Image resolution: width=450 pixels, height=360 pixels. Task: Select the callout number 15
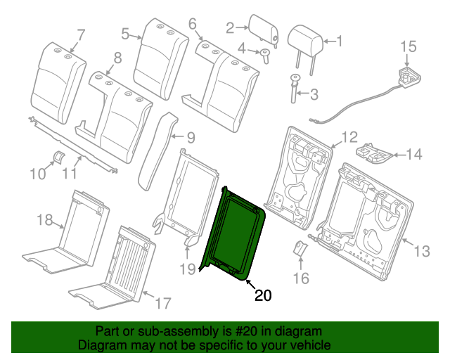[x=409, y=47]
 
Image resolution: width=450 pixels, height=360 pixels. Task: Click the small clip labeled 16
[x=299, y=249]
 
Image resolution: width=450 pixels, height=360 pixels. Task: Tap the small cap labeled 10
[x=59, y=155]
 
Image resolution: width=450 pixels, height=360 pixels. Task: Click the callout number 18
[x=44, y=220]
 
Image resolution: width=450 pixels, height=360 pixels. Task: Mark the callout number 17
[x=162, y=304]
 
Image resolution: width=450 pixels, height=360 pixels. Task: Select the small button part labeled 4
[x=266, y=55]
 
